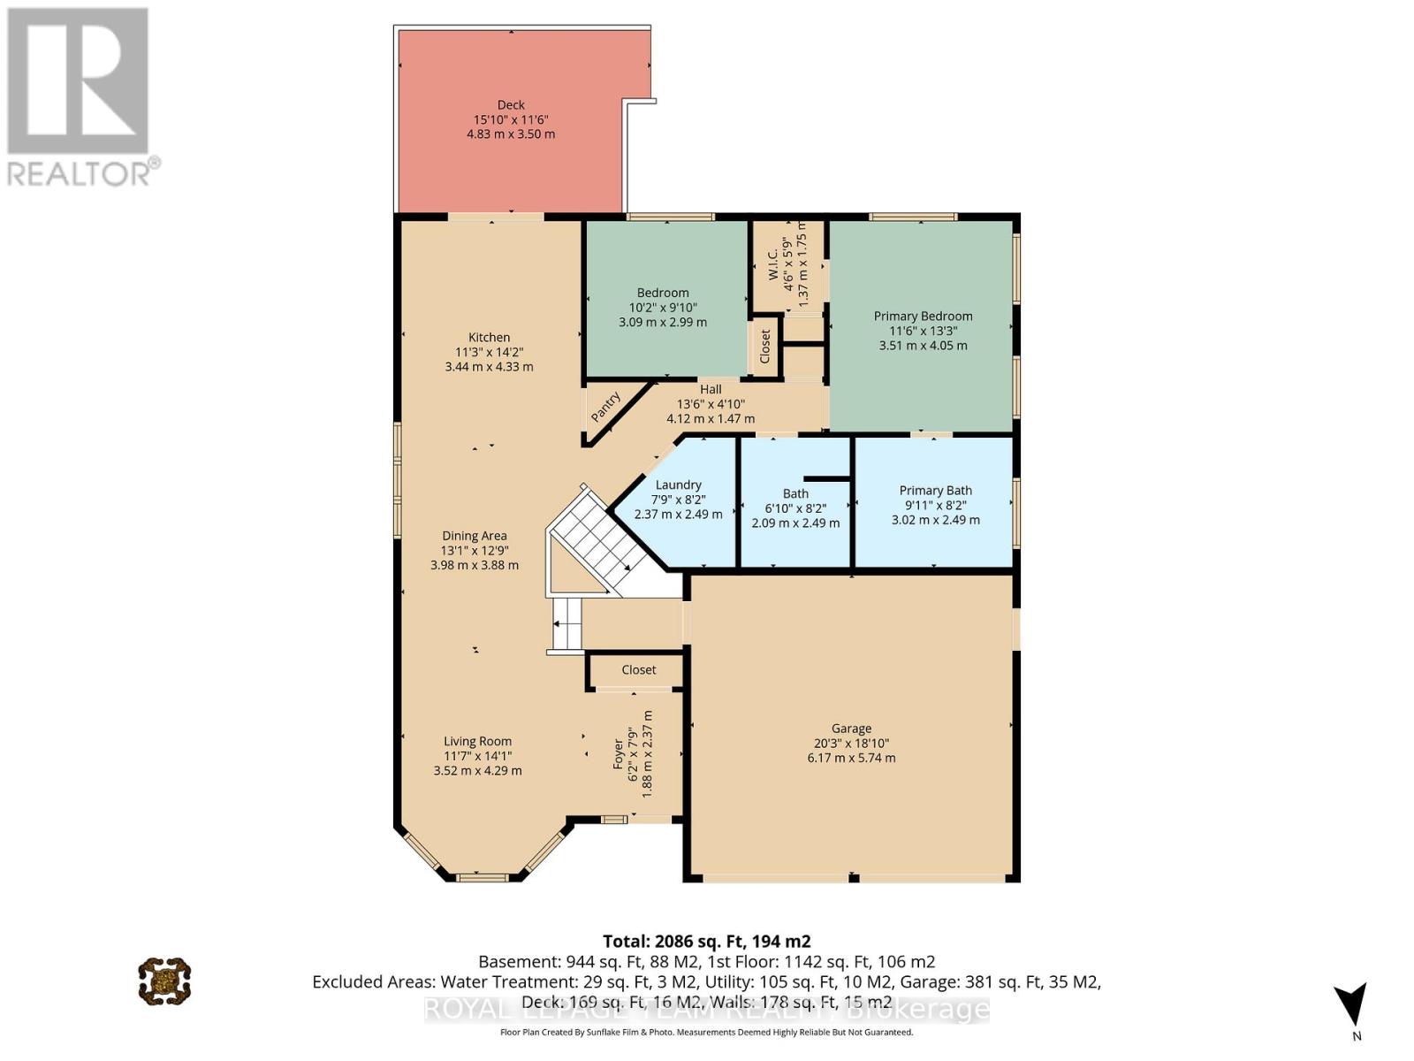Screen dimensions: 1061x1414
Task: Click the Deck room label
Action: pyautogui.click(x=511, y=105)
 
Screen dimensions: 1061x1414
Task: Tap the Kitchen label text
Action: pyautogui.click(x=489, y=337)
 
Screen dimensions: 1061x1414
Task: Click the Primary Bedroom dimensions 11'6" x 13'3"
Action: pyautogui.click(x=923, y=331)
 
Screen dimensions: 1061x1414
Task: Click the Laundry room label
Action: pyautogui.click(x=678, y=485)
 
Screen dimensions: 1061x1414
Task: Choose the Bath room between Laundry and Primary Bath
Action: pyautogui.click(x=795, y=508)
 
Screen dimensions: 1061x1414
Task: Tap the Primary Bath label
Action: pyautogui.click(x=935, y=491)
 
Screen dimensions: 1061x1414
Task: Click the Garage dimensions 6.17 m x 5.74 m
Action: pyautogui.click(x=851, y=758)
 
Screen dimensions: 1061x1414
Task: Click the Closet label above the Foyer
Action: pyautogui.click(x=638, y=669)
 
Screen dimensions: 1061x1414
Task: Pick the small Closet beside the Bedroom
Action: pyautogui.click(x=765, y=347)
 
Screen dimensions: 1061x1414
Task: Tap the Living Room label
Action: pyautogui.click(x=477, y=742)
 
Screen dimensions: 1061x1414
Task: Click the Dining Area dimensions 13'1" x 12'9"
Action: pyautogui.click(x=475, y=550)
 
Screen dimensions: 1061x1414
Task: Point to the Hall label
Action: pyautogui.click(x=711, y=389)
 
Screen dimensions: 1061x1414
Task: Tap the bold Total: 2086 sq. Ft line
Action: pyautogui.click(x=706, y=942)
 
